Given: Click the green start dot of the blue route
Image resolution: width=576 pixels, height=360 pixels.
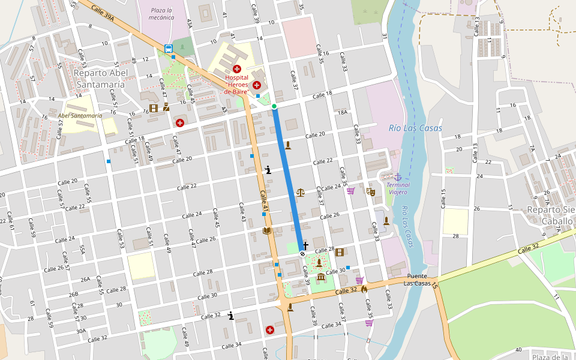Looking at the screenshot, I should click(274, 107).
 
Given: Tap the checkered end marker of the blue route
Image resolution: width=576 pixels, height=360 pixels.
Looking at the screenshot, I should click(302, 254).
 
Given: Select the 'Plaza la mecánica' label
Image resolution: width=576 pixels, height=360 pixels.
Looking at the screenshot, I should click(162, 14).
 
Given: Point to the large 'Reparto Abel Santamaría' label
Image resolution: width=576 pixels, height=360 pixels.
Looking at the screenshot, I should click(99, 79).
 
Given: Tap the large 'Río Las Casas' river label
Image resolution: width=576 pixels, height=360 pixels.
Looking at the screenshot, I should click(415, 128).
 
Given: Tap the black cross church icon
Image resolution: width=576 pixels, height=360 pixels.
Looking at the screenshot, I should click(305, 245).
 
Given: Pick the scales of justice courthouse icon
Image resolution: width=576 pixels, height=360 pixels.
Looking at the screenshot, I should click(300, 193).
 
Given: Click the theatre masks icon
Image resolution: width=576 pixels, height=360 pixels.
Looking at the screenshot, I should click(370, 191).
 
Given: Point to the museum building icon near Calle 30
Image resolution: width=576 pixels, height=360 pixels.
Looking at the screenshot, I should click(321, 277).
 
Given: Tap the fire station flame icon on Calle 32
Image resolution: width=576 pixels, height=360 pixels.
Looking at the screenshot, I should click(364, 289).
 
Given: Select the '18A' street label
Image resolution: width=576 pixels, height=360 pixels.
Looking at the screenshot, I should click(343, 112).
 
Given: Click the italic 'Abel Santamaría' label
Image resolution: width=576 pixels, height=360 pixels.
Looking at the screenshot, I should click(80, 115).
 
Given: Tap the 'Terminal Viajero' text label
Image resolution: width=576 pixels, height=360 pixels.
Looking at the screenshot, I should click(397, 188).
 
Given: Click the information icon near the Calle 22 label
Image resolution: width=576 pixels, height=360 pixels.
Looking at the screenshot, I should click(268, 170).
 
